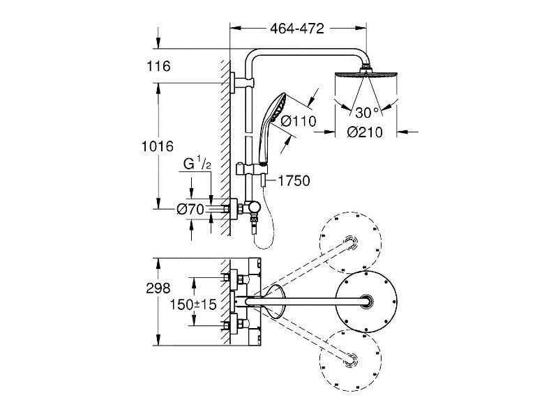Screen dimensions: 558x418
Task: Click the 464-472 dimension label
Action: pos(297,29)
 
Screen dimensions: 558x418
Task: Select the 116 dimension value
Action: pos(159,66)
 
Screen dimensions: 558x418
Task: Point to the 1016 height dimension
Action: pos(158,146)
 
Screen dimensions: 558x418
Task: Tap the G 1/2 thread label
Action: pos(197,164)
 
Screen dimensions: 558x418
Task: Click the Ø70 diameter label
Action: pos(190,210)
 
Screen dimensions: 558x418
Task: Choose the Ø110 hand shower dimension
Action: pos(299,121)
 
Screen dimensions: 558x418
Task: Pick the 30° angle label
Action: pos(367,113)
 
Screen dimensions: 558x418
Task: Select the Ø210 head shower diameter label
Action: pos(365,132)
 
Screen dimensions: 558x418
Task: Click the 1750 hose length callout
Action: pos(294,181)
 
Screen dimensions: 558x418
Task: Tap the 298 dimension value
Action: pos(158,288)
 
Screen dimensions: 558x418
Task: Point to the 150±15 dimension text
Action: pos(193,304)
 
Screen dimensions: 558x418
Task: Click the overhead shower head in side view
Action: pos(365,75)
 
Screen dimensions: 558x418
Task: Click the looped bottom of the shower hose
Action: pos(264,245)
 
